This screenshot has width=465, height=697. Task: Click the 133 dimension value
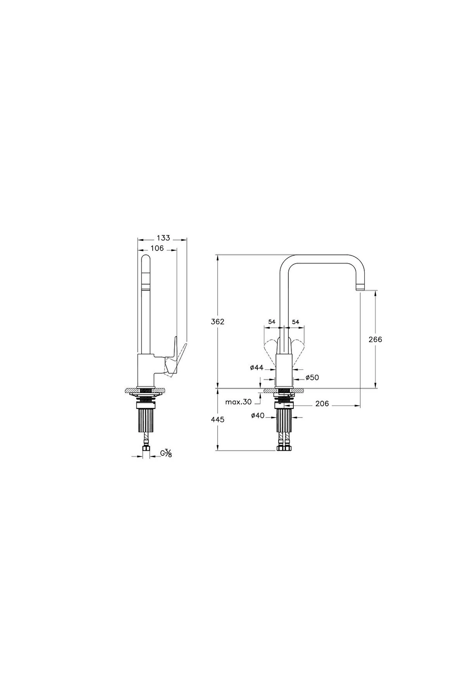(x=164, y=238)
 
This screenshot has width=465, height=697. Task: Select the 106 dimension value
(x=157, y=248)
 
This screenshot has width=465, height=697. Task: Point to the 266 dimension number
(x=375, y=339)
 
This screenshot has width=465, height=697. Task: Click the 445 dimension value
(x=218, y=419)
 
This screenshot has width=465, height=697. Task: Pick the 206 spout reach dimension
(x=322, y=404)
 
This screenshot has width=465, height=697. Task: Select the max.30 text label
(x=238, y=402)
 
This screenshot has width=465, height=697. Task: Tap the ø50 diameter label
(x=312, y=377)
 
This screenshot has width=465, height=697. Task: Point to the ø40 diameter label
(x=258, y=415)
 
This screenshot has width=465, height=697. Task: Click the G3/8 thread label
(x=166, y=453)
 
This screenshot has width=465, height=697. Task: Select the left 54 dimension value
(x=272, y=322)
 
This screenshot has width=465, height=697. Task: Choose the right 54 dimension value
(x=296, y=322)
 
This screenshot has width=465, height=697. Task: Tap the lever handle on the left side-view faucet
(x=173, y=358)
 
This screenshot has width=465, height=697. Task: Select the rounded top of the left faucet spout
(x=146, y=259)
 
